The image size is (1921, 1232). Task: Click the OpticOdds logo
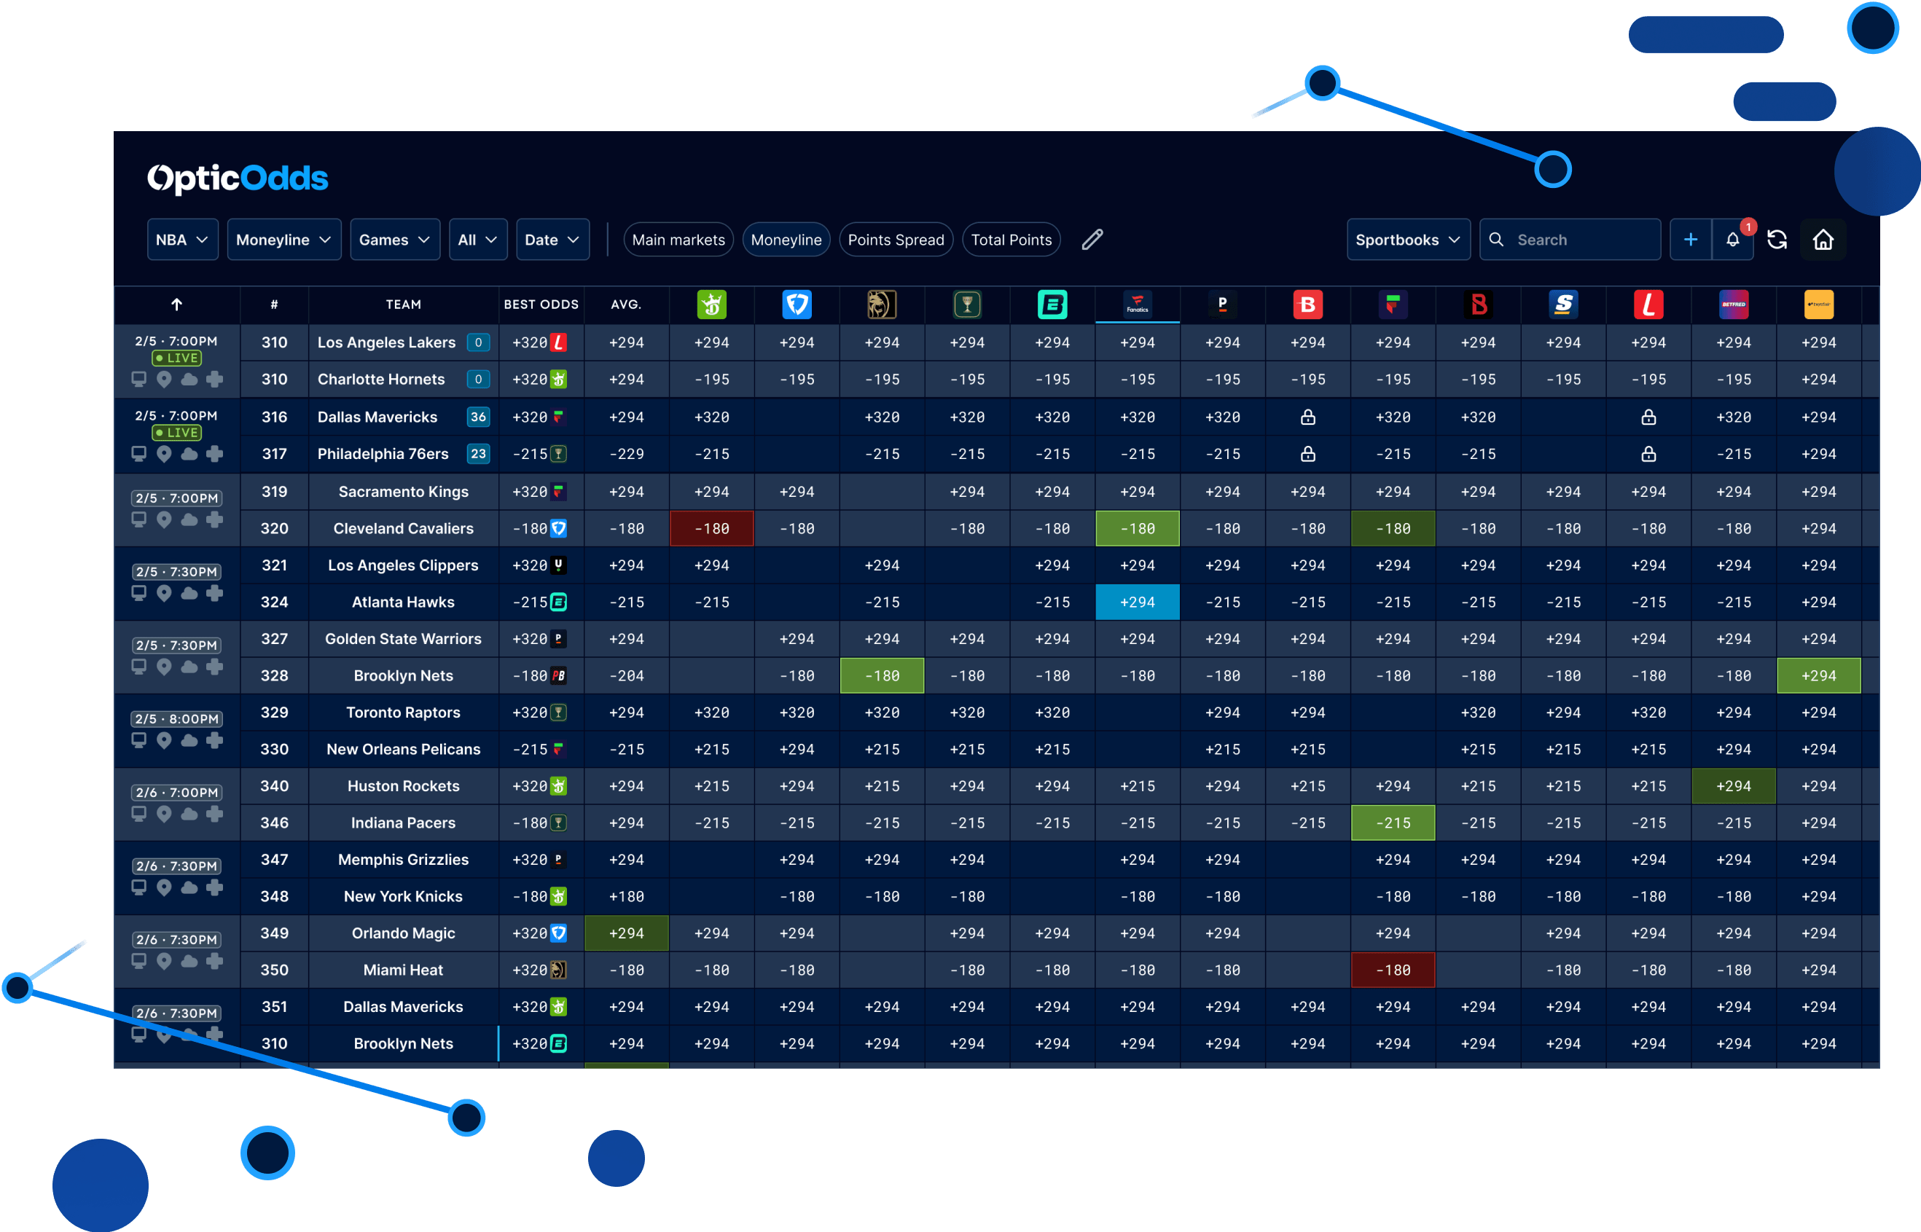(x=238, y=178)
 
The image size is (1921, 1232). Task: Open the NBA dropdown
(x=181, y=239)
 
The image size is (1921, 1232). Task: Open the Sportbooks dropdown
(x=1407, y=239)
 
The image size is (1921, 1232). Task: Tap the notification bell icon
(x=1732, y=239)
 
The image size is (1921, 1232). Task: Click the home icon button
(x=1823, y=239)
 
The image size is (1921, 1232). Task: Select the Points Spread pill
(x=896, y=239)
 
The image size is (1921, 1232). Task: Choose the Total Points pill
(x=1011, y=239)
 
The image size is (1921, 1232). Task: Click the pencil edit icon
(x=1092, y=239)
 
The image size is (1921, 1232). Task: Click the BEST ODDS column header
(x=541, y=304)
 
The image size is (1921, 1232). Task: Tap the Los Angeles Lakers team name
(x=386, y=342)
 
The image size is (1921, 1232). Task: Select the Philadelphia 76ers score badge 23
(x=477, y=454)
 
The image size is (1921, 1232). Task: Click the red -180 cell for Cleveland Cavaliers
(x=711, y=528)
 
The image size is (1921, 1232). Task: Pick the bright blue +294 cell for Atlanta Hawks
(x=1137, y=602)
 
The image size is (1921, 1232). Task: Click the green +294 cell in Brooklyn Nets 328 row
(x=1818, y=675)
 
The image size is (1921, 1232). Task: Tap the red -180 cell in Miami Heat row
(x=1392, y=970)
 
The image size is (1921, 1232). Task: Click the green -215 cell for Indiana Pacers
(x=1392, y=823)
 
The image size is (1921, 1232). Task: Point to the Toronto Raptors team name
(x=402, y=712)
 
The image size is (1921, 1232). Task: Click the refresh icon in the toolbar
(x=1776, y=239)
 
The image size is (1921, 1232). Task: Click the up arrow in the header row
(x=177, y=304)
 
